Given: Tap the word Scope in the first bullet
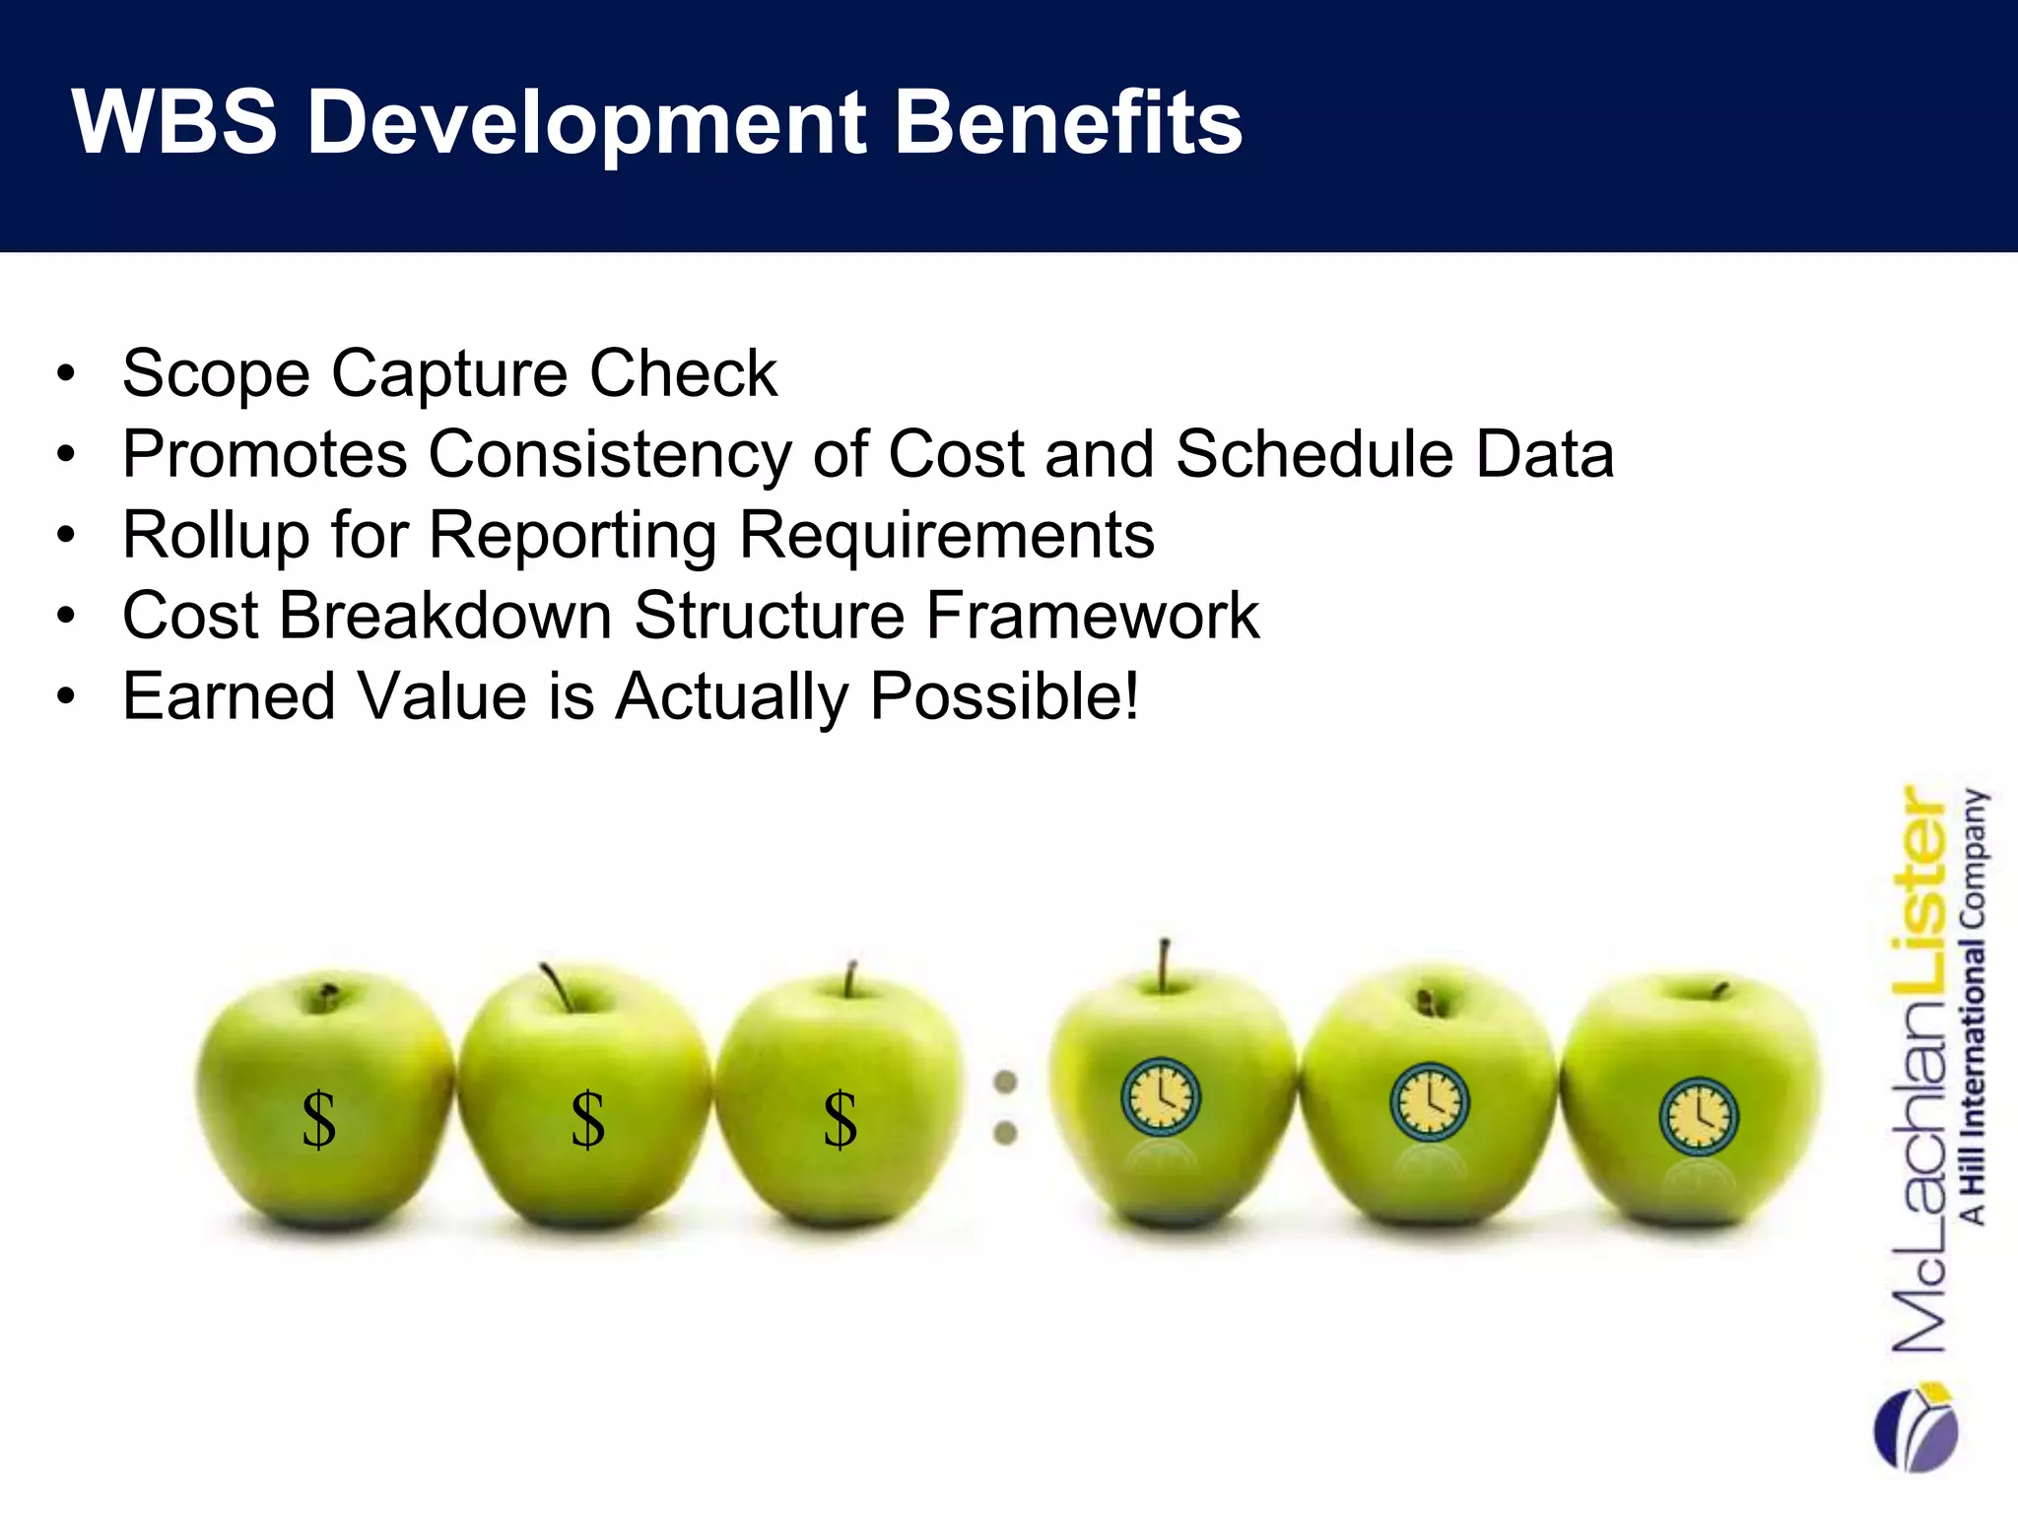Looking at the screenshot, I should click(216, 373).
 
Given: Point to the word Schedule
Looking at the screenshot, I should click(1314, 454).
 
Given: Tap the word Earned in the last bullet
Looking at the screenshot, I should click(229, 696).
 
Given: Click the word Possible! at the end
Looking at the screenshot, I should click(1004, 696).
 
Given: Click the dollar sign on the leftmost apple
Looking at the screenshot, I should click(318, 1120).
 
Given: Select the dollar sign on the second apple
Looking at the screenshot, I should click(587, 1120).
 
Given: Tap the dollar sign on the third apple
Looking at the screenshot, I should click(840, 1120).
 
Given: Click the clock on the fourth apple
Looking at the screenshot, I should click(1162, 1096).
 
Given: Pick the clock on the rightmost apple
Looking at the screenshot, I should click(1698, 1117).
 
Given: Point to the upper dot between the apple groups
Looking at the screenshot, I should click(1005, 1082).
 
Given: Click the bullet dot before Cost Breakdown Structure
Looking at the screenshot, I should click(66, 617).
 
